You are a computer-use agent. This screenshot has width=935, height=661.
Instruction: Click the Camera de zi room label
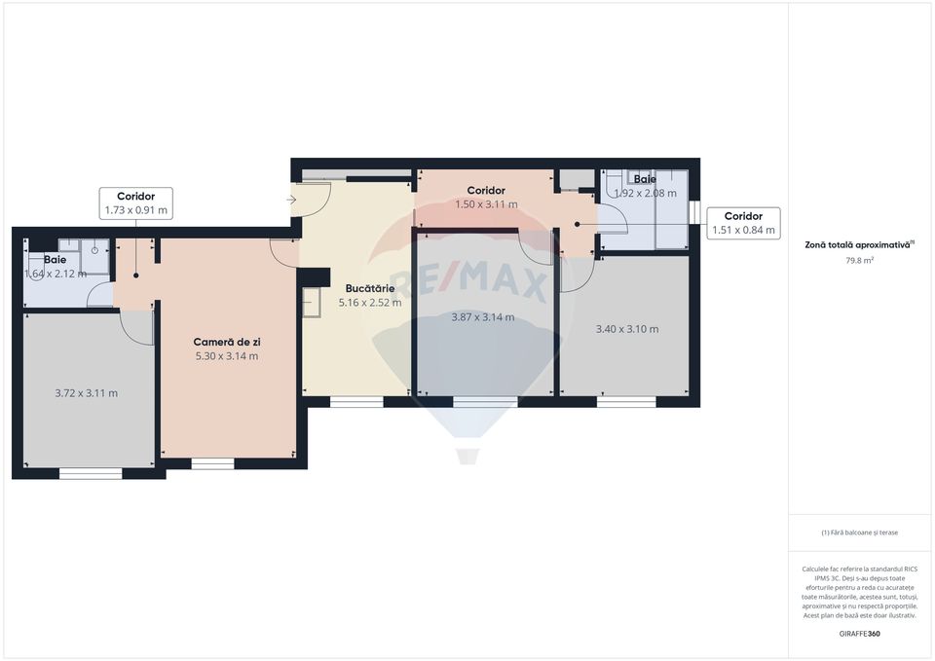click(226, 342)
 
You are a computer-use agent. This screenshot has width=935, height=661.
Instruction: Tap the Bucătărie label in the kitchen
click(369, 289)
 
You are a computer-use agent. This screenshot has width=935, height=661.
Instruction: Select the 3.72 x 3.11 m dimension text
click(86, 393)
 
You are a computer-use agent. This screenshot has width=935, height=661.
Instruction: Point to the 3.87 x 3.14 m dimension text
click(483, 316)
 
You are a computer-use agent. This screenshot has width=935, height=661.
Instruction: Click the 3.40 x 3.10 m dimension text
click(626, 329)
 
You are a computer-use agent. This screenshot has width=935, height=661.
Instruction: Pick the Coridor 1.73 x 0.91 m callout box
click(135, 203)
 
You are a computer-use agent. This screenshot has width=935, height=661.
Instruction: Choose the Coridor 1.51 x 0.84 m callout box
click(743, 224)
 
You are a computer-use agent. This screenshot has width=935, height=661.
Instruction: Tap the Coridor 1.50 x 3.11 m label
click(486, 198)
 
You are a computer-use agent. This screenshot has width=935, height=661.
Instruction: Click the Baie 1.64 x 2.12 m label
click(55, 267)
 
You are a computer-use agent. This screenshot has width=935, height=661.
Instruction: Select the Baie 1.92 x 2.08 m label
click(644, 186)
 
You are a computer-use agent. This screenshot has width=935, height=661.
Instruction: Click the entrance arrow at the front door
click(293, 200)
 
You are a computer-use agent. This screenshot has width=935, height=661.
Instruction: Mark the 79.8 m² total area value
click(859, 260)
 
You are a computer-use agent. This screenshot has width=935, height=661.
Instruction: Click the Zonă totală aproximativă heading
click(859, 245)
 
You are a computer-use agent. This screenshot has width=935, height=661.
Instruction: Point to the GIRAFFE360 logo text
click(859, 634)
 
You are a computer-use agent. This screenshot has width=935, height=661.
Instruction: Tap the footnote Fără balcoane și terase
click(859, 532)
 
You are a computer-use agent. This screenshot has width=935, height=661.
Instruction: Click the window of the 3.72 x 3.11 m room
click(91, 474)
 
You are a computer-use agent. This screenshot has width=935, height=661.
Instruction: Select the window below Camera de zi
click(212, 463)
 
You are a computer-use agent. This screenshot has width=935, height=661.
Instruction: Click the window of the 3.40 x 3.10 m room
click(626, 401)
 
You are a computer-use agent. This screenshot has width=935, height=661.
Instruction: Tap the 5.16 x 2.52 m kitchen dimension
click(369, 303)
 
